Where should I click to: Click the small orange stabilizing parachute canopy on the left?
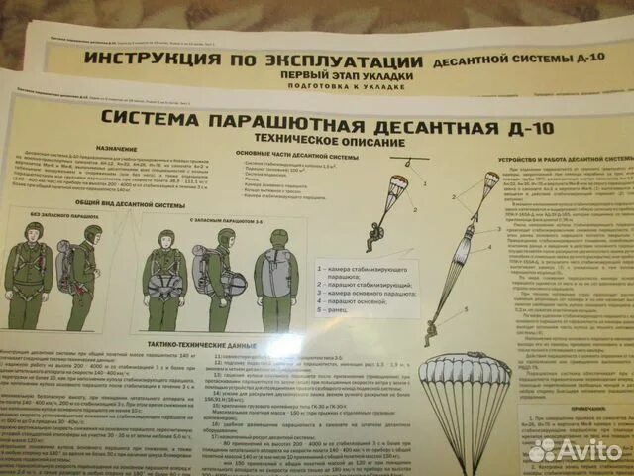pyautogui.click(x=397, y=188)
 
